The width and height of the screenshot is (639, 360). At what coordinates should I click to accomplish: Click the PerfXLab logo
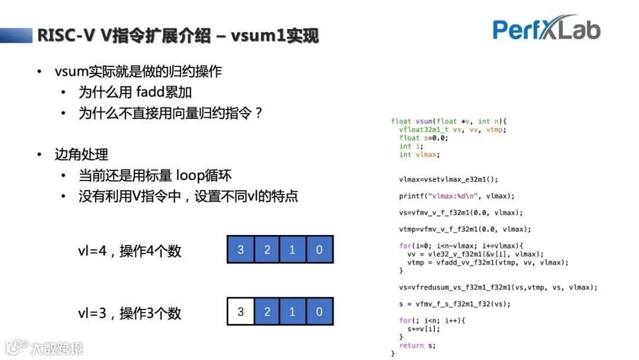coord(546,28)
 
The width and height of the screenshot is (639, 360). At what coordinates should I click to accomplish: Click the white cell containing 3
coord(240,311)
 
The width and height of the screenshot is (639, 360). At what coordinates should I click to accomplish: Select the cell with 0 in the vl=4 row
coord(319,249)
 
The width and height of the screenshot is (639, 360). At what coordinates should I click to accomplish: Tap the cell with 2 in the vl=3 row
coord(267,311)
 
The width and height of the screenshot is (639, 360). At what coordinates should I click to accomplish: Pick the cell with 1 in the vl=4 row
coord(292,249)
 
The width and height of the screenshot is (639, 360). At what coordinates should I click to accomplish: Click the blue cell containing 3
coord(240,249)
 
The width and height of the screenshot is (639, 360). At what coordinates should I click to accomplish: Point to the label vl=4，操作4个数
coord(130,251)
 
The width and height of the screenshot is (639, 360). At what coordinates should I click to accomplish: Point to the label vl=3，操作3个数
coord(130,313)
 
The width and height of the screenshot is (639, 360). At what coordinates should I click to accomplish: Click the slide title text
coord(178,36)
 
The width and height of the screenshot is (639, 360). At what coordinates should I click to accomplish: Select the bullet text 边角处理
coord(82,155)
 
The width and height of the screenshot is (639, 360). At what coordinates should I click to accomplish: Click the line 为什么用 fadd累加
coord(135,92)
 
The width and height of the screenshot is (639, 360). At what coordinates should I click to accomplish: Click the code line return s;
coord(417,345)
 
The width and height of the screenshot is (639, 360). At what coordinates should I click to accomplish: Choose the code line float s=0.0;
coord(424,138)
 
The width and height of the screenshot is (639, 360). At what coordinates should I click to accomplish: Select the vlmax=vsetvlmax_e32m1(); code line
coord(448,179)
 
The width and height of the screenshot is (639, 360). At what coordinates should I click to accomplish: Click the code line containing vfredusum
coord(498,287)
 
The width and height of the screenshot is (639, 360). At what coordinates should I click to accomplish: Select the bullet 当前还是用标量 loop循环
coord(155,176)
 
